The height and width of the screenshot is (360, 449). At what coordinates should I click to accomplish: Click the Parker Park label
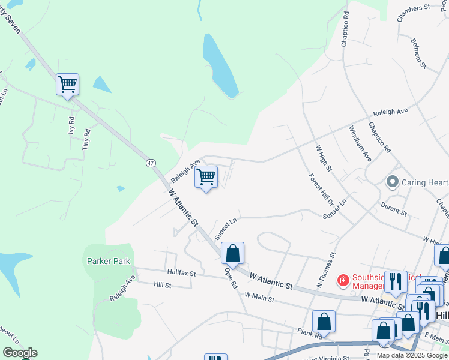pos(109,261)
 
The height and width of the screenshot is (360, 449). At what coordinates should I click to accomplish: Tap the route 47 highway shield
pos(150,162)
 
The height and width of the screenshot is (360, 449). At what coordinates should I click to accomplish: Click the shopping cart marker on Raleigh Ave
pos(206,177)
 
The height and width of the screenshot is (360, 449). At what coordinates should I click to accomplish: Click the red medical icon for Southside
pos(343,280)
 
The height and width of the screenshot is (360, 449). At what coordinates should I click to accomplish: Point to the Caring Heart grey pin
pos(393,182)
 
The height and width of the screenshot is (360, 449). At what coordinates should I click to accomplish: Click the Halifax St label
pos(182,273)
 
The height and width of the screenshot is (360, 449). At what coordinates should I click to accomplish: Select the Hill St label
pos(163,285)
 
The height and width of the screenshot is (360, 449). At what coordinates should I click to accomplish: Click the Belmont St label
pos(418,53)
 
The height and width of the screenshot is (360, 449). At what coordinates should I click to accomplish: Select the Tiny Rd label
pos(87,140)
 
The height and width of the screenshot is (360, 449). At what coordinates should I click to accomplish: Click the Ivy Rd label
pos(71,125)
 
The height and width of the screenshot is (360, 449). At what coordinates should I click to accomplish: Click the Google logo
pos(20,353)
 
